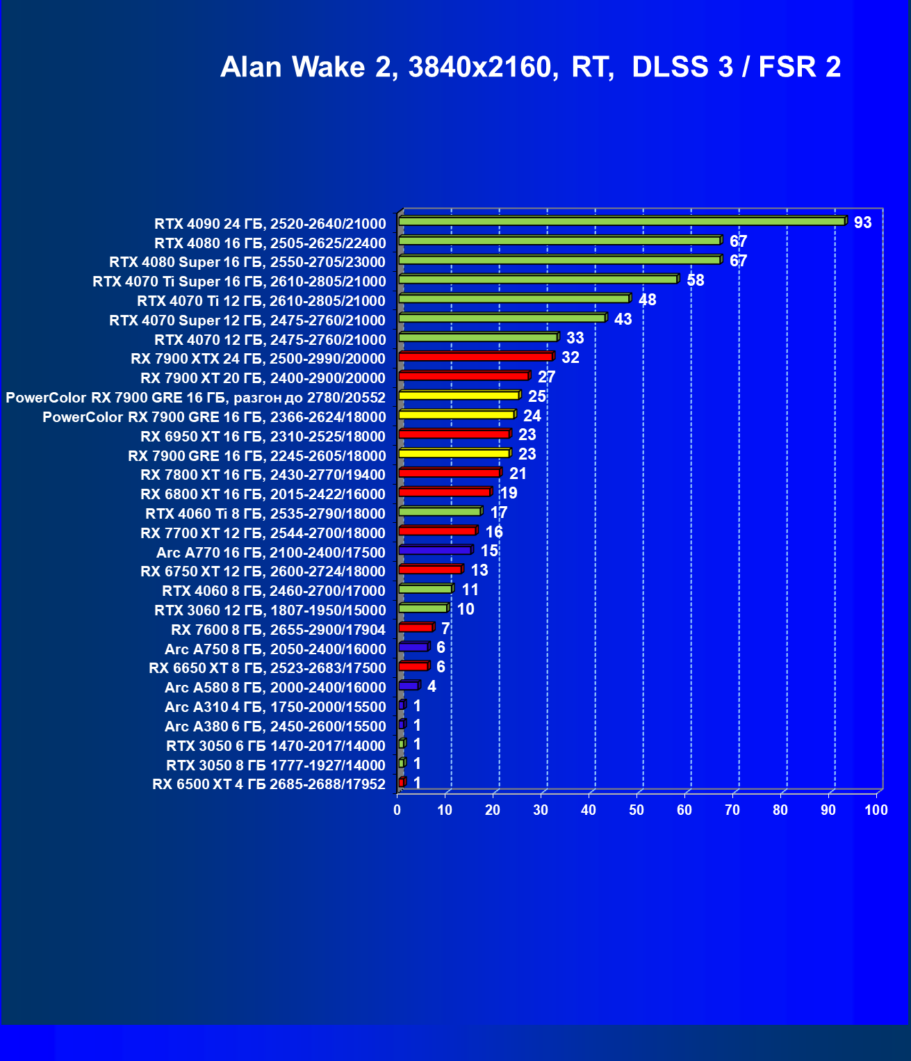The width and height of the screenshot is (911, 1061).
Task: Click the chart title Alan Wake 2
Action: coord(530,67)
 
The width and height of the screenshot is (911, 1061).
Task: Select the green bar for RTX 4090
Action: coord(622,221)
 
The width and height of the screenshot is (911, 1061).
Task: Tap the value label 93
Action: coord(862,222)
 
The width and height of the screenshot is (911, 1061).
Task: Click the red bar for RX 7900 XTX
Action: coord(476,357)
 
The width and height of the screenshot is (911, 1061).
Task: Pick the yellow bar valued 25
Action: coord(459,396)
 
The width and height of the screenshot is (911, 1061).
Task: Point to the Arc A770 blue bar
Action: coord(435,550)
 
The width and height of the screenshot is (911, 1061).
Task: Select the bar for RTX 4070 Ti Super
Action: coord(538,280)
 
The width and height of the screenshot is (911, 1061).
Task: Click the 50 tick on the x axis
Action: coord(637,810)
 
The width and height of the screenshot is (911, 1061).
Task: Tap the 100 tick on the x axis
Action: coord(876,810)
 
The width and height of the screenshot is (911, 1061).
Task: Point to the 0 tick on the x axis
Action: coord(397,810)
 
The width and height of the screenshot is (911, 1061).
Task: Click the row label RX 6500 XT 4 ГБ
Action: coord(269,784)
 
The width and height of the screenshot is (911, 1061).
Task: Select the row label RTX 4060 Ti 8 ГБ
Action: coord(265,514)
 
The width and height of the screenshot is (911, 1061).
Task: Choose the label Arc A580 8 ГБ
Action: coord(275,688)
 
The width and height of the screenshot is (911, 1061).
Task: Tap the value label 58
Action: coord(695,280)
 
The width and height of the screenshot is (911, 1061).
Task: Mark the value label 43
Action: coord(623,319)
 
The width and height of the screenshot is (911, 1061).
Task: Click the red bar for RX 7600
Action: coord(416,628)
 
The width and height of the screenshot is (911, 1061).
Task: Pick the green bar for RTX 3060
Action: coord(423,608)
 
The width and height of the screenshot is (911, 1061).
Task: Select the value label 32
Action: coord(570,357)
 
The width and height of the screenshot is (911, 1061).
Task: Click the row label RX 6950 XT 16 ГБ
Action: coord(263,437)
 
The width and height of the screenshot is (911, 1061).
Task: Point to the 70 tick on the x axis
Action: coord(732,810)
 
